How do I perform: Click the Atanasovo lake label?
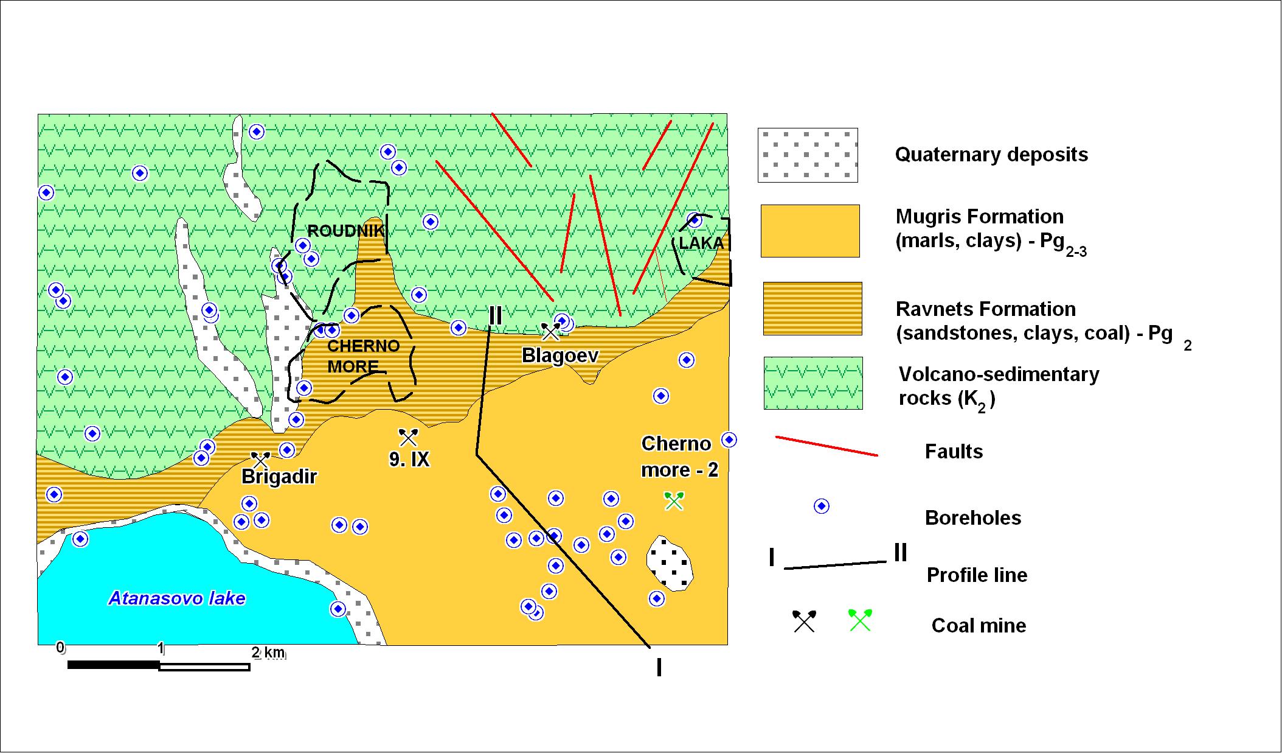[x=177, y=598]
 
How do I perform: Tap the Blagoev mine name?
[x=560, y=355]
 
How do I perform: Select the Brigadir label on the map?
[x=279, y=476]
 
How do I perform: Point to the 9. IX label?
[x=409, y=459]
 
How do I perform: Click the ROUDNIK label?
[x=346, y=231]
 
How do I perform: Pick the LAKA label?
[x=701, y=243]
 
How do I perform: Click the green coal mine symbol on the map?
[x=674, y=500]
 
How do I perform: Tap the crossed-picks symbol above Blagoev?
[x=550, y=332]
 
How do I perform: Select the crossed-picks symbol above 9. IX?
[x=408, y=437]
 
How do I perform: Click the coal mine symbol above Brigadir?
[x=261, y=461]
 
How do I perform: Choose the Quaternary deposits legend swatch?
[x=808, y=155]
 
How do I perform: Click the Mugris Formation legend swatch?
[x=810, y=231]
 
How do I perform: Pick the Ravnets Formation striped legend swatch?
[x=813, y=308]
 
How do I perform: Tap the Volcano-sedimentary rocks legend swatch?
[x=813, y=383]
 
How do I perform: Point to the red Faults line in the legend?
[x=826, y=446]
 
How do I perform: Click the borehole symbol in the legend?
[x=822, y=506]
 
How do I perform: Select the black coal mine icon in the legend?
[x=804, y=621]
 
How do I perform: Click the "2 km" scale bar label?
[x=268, y=653]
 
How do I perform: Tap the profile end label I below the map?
[x=659, y=667]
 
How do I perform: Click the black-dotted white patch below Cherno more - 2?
[x=670, y=564]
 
